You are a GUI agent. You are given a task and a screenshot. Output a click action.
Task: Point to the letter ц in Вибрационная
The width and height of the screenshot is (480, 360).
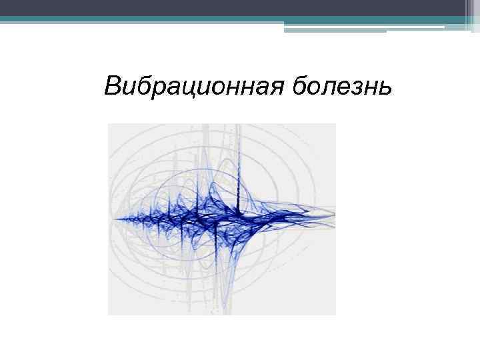coord(189,89)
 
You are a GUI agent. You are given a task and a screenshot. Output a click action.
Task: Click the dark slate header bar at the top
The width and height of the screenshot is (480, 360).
coord(240,8)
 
